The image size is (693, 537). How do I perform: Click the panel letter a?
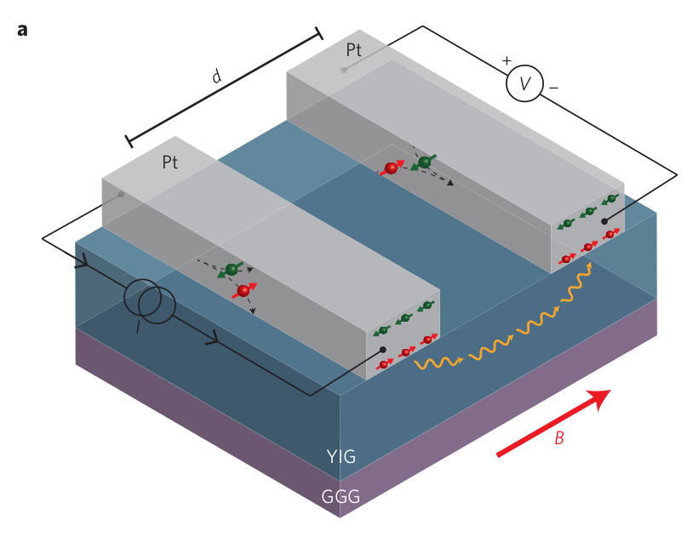pyautogui.click(x=22, y=31)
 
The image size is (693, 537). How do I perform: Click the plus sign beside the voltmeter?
pyautogui.click(x=507, y=60)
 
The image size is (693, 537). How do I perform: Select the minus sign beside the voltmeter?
pyautogui.click(x=553, y=87)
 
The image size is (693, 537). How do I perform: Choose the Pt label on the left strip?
pyautogui.click(x=170, y=162)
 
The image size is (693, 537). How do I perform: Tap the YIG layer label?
pyautogui.click(x=341, y=458)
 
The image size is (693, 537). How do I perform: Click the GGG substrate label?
pyautogui.click(x=341, y=497)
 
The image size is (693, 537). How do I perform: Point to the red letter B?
pyautogui.click(x=559, y=439)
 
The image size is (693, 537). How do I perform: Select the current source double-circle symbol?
pyautogui.click(x=150, y=304)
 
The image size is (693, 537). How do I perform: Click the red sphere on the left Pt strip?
pyautogui.click(x=244, y=291)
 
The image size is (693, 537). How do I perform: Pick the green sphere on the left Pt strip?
pyautogui.click(x=231, y=270)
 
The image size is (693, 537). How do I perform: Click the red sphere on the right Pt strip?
pyautogui.click(x=392, y=169)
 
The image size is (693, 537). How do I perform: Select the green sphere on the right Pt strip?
pyautogui.click(x=424, y=162)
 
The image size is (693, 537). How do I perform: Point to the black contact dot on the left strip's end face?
pyautogui.click(x=383, y=350)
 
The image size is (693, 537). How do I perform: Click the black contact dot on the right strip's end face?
pyautogui.click(x=604, y=221)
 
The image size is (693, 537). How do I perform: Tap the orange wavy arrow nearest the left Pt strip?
pyautogui.click(x=438, y=364)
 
